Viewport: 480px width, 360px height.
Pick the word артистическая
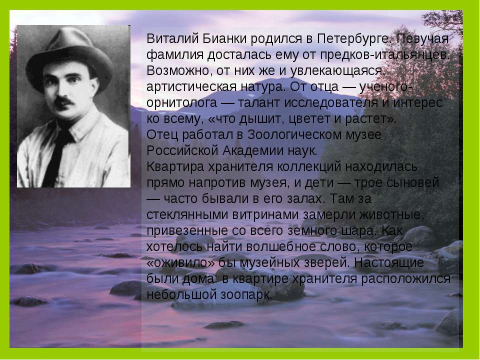click(191, 87)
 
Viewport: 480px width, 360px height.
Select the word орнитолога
click(182, 103)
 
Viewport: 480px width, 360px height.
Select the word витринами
click(265, 214)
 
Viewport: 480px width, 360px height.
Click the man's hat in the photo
click(69, 58)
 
